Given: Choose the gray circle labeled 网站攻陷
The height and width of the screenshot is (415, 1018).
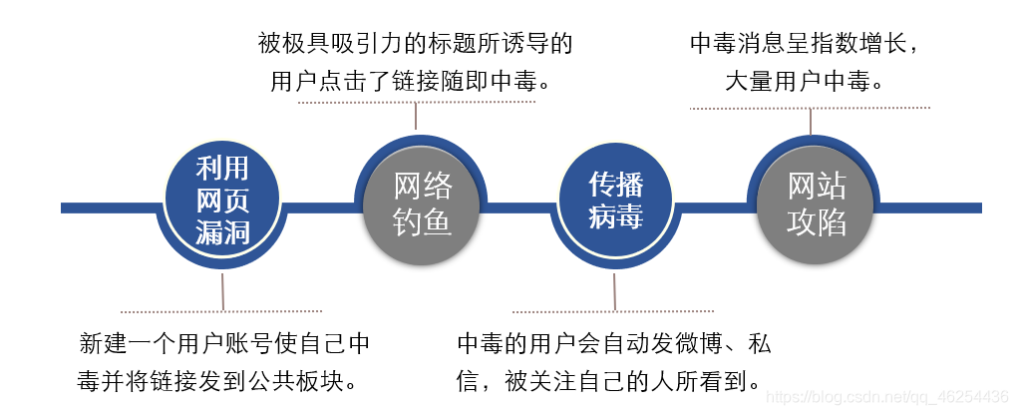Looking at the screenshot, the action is coord(816,203).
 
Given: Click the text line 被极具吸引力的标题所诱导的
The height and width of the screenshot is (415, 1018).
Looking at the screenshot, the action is coord(416,44).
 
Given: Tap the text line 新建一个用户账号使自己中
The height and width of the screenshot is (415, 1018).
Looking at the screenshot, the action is coord(224,345).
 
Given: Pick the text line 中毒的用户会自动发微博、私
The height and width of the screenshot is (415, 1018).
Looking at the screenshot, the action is coord(614,345).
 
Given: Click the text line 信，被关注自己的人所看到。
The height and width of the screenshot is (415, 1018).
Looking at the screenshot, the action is coord(609,380).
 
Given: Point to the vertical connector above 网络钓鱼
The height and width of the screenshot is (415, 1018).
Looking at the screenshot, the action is coord(416,118).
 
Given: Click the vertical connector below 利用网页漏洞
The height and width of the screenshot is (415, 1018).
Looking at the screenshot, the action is coord(222,291).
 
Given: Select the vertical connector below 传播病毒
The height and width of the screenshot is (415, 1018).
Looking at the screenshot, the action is coord(614,291).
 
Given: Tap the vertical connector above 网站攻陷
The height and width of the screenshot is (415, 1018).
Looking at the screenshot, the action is coord(812,121).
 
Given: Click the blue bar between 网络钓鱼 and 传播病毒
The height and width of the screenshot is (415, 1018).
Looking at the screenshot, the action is coord(518,207).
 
